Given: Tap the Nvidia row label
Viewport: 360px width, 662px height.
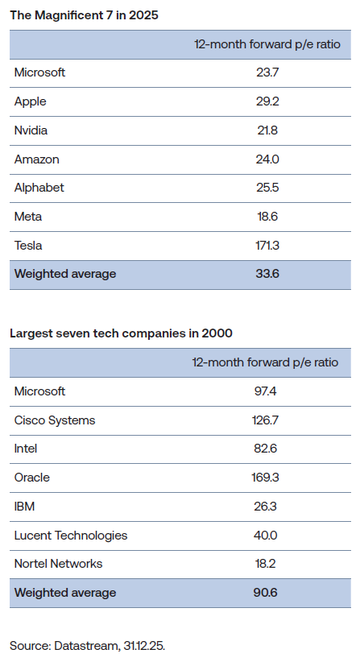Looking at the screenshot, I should pyautogui.click(x=32, y=130).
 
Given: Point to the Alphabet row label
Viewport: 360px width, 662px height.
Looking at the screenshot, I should pyautogui.click(x=39, y=188).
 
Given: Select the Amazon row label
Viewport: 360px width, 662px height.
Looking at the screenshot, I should pyautogui.click(x=36, y=159).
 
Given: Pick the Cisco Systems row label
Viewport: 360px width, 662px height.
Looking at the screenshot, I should pyautogui.click(x=55, y=420).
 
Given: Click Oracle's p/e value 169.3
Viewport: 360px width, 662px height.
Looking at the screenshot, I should pyautogui.click(x=265, y=478).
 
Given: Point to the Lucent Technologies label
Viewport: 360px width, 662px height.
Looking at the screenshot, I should pyautogui.click(x=71, y=535).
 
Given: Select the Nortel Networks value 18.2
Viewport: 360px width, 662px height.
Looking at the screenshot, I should pyautogui.click(x=265, y=564).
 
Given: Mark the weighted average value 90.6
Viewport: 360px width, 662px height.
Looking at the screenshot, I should pyautogui.click(x=265, y=593).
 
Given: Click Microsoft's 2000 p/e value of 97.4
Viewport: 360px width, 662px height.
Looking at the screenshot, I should pyautogui.click(x=265, y=391).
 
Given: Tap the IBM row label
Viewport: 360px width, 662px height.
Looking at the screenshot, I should pyautogui.click(x=25, y=507).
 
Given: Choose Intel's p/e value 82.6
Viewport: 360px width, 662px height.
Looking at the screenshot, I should pyautogui.click(x=265, y=449).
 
